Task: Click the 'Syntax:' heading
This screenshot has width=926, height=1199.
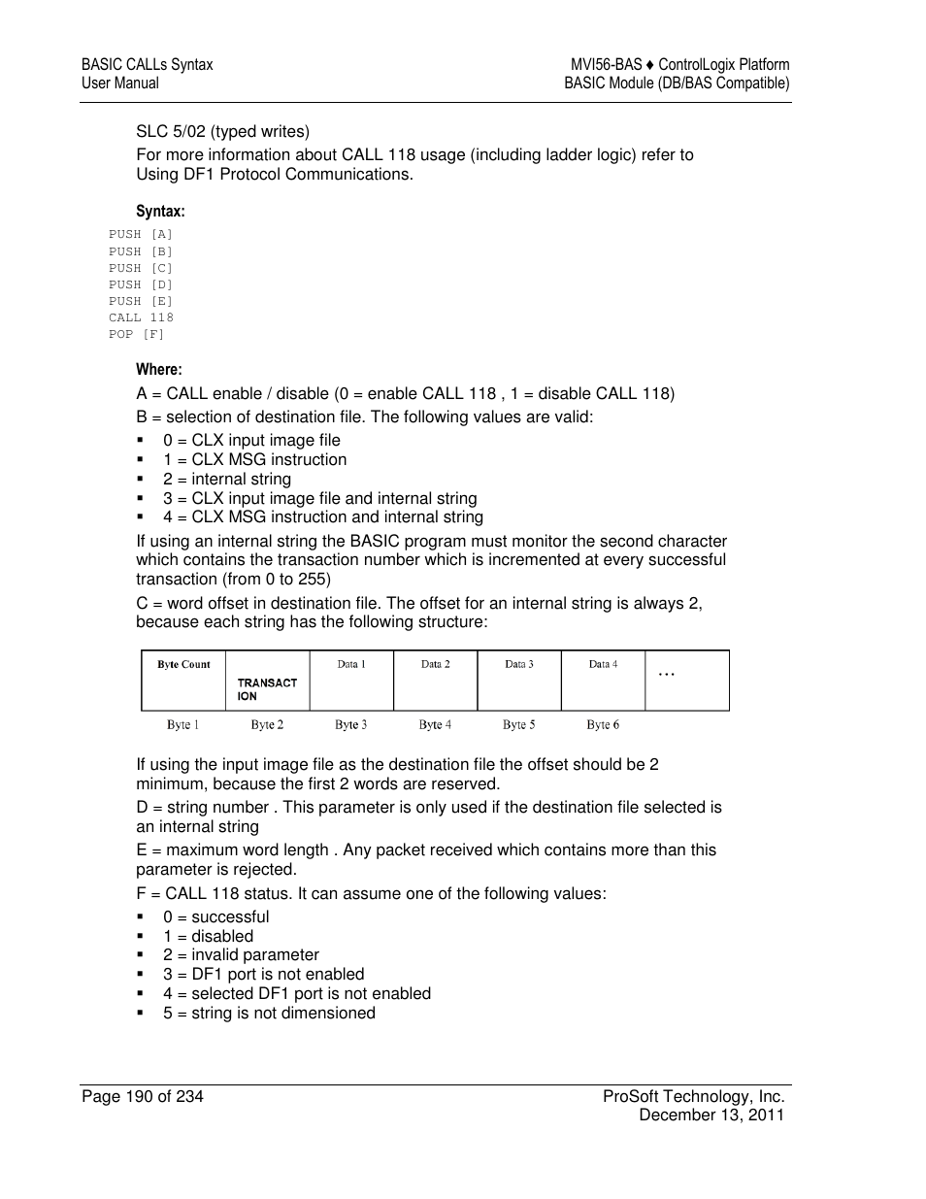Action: tap(160, 212)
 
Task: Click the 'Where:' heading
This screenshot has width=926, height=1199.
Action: tap(159, 370)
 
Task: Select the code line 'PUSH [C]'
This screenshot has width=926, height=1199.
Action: tap(141, 268)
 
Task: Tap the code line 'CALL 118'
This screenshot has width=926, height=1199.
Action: tap(141, 317)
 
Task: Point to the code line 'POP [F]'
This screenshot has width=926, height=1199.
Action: tap(137, 334)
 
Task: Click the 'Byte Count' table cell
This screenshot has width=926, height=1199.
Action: tap(183, 665)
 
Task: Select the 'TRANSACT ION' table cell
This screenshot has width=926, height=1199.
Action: tap(267, 689)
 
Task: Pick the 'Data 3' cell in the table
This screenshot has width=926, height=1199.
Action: tap(519, 665)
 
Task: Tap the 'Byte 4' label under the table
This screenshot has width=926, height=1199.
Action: tap(435, 725)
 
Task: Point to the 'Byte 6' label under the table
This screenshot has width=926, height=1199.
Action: tap(603, 725)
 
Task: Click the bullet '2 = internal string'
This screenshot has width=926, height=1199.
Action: tap(227, 480)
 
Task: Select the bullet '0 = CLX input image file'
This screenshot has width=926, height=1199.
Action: tap(251, 441)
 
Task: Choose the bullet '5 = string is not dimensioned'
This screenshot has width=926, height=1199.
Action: tap(269, 1014)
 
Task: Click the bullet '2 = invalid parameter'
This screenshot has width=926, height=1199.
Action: tap(241, 955)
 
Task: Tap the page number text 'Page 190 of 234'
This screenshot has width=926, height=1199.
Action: tap(143, 1097)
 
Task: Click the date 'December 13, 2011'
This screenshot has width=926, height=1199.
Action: tap(711, 1116)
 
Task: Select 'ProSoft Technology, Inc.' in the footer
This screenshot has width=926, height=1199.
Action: tap(693, 1097)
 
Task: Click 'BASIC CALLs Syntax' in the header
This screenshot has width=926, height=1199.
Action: tap(147, 65)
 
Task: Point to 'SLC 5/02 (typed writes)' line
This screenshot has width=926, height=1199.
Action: tap(222, 132)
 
